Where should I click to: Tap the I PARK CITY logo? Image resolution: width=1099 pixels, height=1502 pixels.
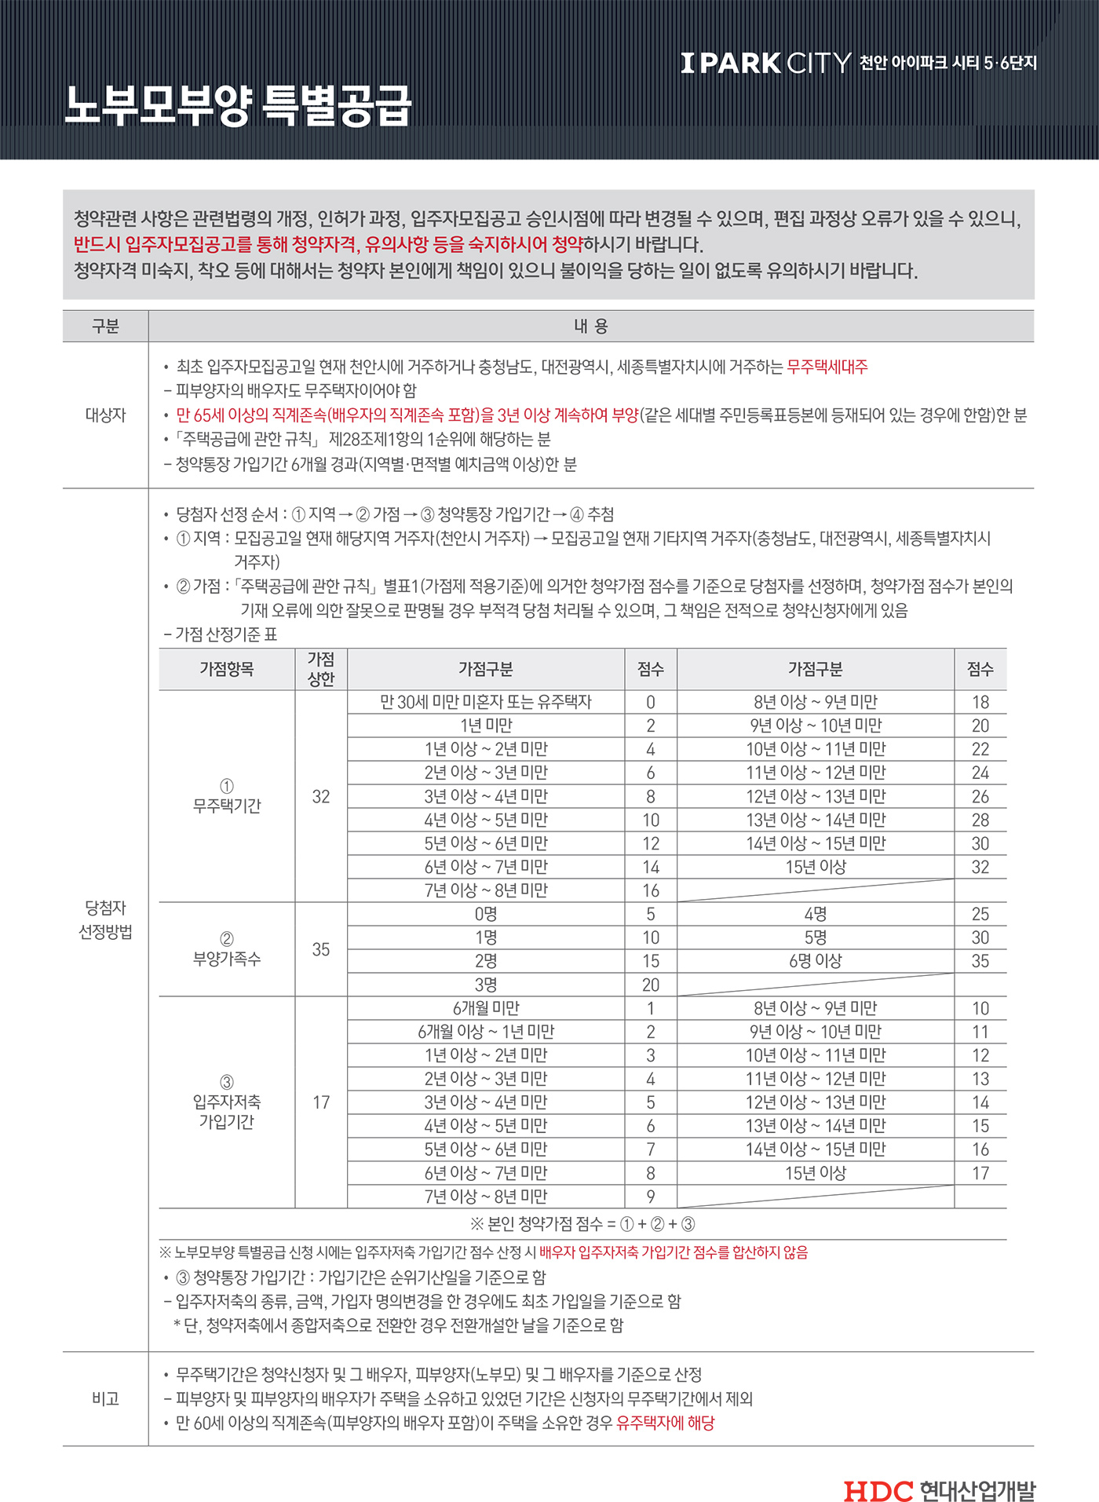coord(765,63)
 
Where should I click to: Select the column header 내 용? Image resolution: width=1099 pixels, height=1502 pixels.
coord(590,326)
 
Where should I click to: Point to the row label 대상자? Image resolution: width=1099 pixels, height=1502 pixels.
coord(105,415)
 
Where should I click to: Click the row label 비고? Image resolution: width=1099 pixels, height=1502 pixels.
coord(105,1398)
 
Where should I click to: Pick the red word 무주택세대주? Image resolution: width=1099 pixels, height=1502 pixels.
coord(827,367)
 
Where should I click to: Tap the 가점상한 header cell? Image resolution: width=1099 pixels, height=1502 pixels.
coord(321,669)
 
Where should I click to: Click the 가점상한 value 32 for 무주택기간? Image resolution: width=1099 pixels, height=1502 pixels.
coord(321,796)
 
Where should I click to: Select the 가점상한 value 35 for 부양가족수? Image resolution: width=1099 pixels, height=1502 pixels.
coord(321,949)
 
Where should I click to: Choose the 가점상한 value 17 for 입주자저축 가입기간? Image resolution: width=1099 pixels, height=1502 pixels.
coord(321,1102)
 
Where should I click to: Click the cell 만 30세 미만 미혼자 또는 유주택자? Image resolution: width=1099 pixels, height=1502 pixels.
coord(486,702)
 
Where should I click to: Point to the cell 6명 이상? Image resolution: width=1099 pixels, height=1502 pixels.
coord(816,961)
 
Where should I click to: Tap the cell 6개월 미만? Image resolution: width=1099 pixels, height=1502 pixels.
coord(486,1008)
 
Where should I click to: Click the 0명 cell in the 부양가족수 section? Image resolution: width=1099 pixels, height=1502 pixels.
coord(486,914)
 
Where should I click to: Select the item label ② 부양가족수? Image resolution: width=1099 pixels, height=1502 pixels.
coord(227,949)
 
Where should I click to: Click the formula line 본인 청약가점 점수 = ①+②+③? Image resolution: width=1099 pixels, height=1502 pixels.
coord(582,1223)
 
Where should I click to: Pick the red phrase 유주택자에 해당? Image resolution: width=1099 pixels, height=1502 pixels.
coord(666,1423)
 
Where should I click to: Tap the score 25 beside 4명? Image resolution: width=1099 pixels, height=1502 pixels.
coord(980,914)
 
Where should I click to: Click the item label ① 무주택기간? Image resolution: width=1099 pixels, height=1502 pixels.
coord(227,796)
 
